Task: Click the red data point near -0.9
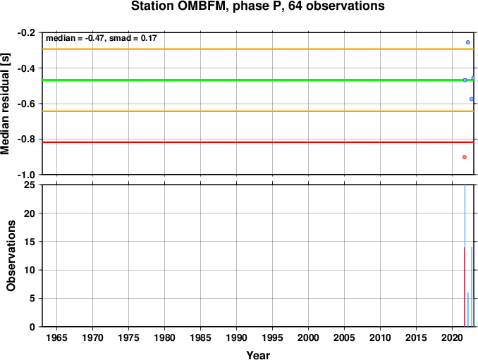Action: pyautogui.click(x=465, y=157)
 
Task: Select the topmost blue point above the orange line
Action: pyautogui.click(x=468, y=42)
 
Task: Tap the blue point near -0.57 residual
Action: pyautogui.click(x=472, y=99)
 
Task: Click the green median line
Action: pyautogui.click(x=258, y=80)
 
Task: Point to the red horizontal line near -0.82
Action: pyautogui.click(x=258, y=142)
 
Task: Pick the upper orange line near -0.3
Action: pyautogui.click(x=258, y=49)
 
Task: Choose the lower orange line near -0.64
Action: pyautogui.click(x=258, y=111)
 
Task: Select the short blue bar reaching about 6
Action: pyautogui.click(x=468, y=310)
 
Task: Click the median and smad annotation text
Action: pyautogui.click(x=102, y=38)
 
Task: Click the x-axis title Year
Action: pyautogui.click(x=258, y=355)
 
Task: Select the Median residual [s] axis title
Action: pyautogui.click(x=5, y=104)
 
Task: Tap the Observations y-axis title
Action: pyautogui.click(x=11, y=256)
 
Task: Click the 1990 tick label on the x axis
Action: pyautogui.click(x=237, y=337)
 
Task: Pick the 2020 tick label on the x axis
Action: pyautogui.click(x=453, y=337)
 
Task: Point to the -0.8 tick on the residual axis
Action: pyautogui.click(x=26, y=139)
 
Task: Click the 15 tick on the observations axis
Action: pyautogui.click(x=30, y=242)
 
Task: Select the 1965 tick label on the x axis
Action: pyautogui.click(x=56, y=337)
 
